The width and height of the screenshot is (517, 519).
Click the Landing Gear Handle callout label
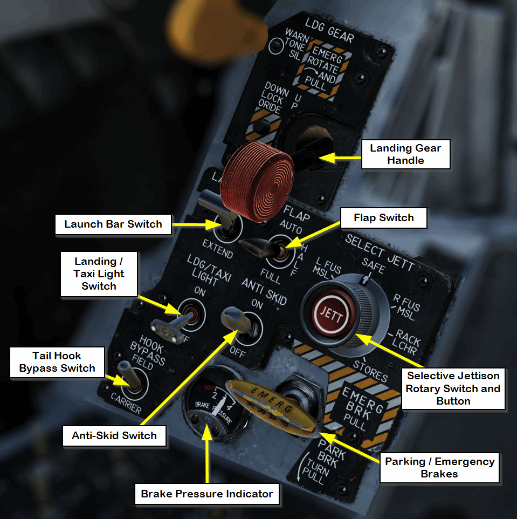pos(405,154)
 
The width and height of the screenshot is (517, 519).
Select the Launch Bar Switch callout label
pos(113,224)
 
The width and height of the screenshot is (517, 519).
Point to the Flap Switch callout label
pos(383,218)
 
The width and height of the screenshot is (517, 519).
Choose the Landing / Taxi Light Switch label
pos(99,274)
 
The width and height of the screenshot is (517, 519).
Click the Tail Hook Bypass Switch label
pos(57,362)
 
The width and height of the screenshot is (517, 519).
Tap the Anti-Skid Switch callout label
pos(114,435)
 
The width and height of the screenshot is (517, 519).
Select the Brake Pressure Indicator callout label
pos(207,494)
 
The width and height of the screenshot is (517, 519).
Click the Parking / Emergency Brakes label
pos(439,468)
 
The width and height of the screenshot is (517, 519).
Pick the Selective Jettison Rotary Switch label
pos(453,388)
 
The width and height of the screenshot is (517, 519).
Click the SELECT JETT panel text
pos(380,251)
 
